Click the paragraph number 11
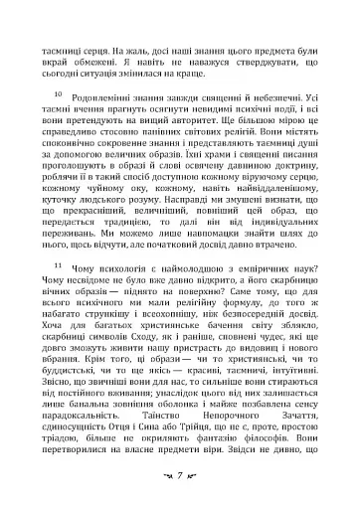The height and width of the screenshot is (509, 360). tap(56, 265)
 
